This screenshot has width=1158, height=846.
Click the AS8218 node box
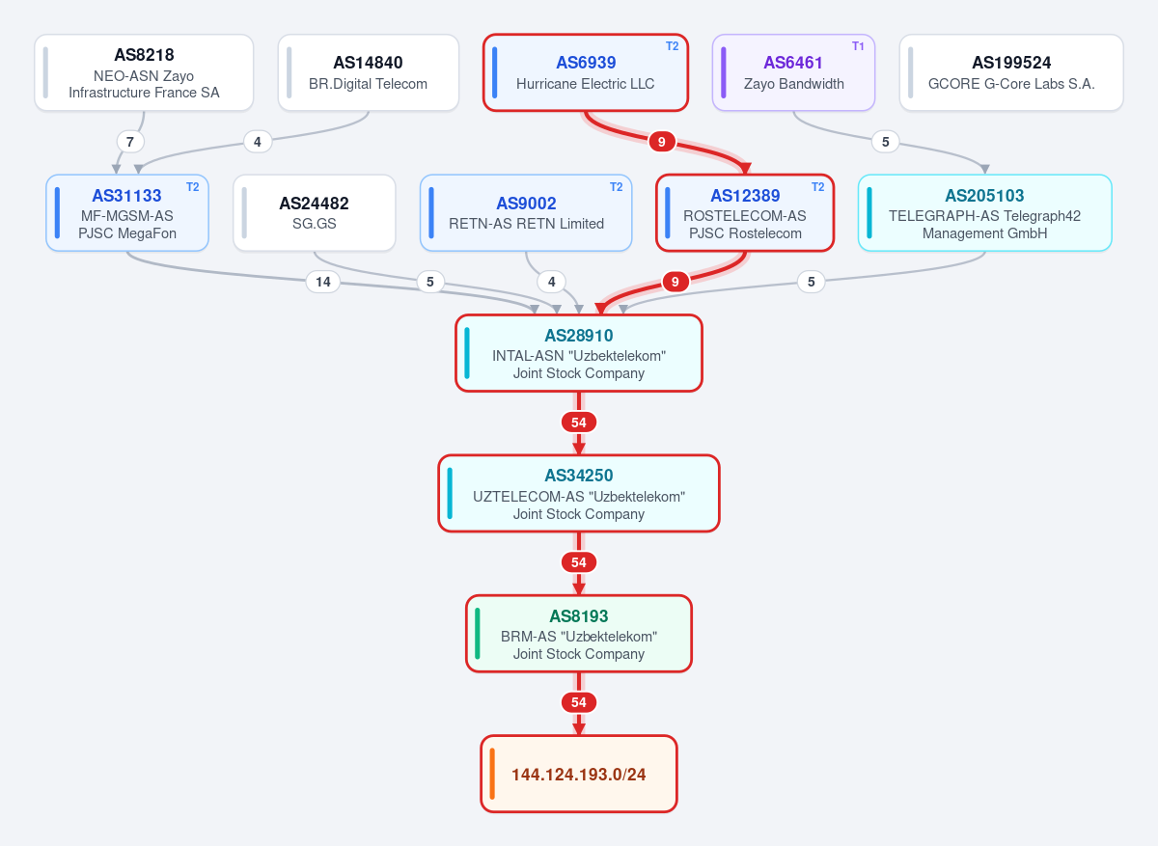pos(144,72)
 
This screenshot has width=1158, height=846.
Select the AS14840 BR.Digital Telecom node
pos(368,72)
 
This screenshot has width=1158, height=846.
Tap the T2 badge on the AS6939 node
pos(672,46)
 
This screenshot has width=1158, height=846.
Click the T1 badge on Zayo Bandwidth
pos(858,46)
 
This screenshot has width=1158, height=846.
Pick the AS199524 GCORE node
pos(1011,72)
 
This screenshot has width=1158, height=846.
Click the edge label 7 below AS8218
pos(129,142)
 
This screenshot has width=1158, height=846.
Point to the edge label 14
pos(323,282)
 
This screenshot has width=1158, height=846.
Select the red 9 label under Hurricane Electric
pos(661,142)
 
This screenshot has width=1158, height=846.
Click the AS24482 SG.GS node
pos(315,213)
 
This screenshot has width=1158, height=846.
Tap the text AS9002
pos(526,204)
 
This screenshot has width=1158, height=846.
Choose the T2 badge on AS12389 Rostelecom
pos(818,186)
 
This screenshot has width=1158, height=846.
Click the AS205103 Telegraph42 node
pos(985,213)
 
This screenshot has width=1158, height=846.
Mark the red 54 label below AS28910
pos(578,423)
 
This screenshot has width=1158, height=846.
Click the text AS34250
pos(578,476)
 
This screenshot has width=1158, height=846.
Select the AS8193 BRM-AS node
pos(578,634)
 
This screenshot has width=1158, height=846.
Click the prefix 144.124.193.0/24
pos(578,774)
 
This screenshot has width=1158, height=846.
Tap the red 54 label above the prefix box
pos(578,702)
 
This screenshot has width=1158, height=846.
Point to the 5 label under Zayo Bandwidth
pos(885,142)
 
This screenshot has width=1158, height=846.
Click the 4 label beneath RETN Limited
pos(551,282)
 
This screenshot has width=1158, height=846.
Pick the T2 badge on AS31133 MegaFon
pos(192,186)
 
